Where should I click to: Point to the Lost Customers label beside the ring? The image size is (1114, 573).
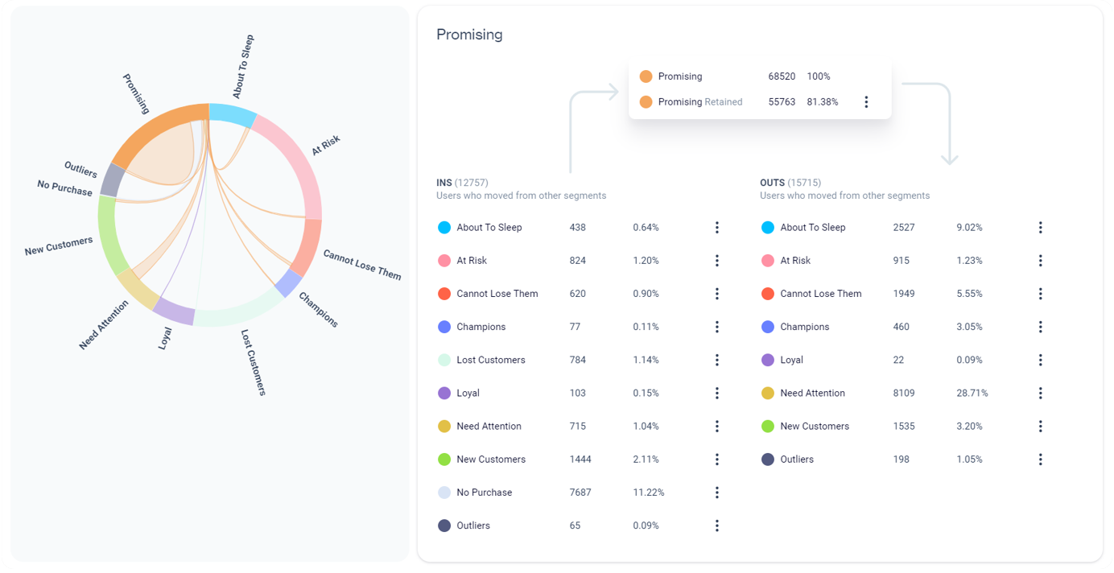[254, 361]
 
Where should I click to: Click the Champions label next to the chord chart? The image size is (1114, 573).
[319, 310]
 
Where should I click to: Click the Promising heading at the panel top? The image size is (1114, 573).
[469, 35]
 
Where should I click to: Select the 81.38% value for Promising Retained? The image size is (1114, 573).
[823, 102]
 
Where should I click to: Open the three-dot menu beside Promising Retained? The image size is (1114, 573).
[866, 102]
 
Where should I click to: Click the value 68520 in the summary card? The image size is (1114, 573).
[782, 76]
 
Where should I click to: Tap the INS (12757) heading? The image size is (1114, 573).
[462, 183]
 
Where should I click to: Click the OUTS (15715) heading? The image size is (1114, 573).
[790, 183]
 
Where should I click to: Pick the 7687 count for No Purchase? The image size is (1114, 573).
[580, 493]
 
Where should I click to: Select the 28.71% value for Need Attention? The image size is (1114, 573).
[972, 394]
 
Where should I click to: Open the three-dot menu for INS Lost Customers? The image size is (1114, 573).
[716, 360]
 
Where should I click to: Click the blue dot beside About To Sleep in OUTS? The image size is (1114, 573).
[767, 228]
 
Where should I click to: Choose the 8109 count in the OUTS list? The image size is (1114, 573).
[904, 394]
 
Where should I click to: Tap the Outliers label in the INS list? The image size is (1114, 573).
[473, 526]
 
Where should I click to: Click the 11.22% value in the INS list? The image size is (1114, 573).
[649, 493]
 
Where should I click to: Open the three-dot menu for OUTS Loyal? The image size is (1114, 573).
[1040, 360]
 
